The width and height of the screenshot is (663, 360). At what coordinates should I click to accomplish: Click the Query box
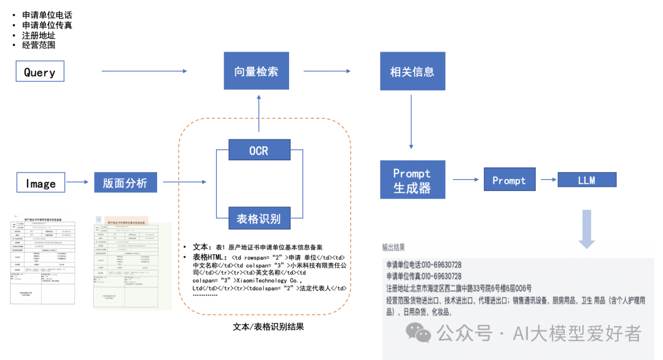[x=40, y=72]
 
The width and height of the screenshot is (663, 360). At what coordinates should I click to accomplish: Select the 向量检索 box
[x=255, y=71]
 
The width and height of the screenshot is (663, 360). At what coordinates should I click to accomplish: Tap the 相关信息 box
[x=412, y=71]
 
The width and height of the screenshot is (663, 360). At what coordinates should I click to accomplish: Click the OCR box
[x=258, y=149]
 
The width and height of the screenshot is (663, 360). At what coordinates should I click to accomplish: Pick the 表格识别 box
[x=258, y=219]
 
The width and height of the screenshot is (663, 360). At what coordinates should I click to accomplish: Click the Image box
[x=41, y=182]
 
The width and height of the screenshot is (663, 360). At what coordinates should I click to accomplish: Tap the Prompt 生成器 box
[x=412, y=180]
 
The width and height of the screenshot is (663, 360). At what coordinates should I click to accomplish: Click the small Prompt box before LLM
[x=509, y=180]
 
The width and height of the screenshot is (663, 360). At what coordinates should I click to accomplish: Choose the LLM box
[x=586, y=180]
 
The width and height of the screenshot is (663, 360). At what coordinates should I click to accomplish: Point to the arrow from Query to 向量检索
[x=144, y=72]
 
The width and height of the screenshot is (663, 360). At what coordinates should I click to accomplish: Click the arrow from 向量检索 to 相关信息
[x=331, y=71]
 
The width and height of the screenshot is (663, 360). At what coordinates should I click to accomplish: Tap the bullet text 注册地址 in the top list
[x=39, y=35]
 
